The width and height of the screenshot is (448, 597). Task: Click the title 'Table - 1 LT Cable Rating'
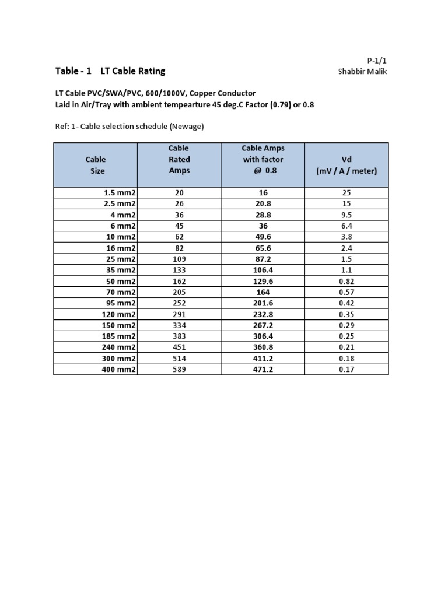point(110,71)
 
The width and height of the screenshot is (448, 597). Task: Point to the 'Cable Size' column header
point(95,165)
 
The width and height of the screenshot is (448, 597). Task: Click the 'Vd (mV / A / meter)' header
point(347,165)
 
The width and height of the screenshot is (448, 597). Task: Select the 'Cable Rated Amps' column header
point(179,159)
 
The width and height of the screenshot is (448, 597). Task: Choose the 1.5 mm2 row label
point(120,192)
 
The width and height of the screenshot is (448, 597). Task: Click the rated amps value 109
point(179,259)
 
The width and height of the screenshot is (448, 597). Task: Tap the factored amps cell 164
point(263,292)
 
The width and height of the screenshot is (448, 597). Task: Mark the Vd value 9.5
point(347,215)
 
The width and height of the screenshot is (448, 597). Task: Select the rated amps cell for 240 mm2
point(179,347)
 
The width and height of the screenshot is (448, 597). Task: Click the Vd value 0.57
point(347,292)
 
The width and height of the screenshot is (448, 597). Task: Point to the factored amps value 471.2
point(263,370)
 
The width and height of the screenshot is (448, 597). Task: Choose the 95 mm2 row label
point(120,303)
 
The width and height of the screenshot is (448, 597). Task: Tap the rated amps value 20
point(179,192)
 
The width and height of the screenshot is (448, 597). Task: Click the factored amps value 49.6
point(263,237)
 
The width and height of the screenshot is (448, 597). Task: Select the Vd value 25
point(347,192)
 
